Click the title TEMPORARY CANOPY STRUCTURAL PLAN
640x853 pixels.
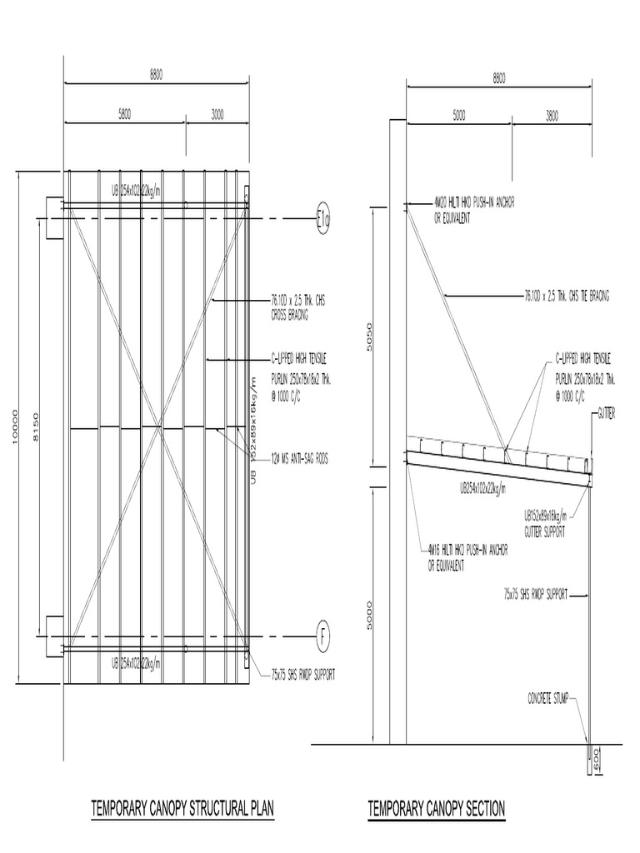[182, 808]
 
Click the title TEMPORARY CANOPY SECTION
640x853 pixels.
[437, 808]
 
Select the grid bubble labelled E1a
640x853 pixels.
[322, 219]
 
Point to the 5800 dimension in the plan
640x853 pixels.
[124, 116]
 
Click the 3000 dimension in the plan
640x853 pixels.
[217, 116]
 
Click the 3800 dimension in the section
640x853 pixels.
[551, 116]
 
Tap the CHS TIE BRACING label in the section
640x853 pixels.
[567, 295]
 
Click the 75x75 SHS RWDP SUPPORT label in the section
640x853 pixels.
[535, 595]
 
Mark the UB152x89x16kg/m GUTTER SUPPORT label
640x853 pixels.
[545, 521]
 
